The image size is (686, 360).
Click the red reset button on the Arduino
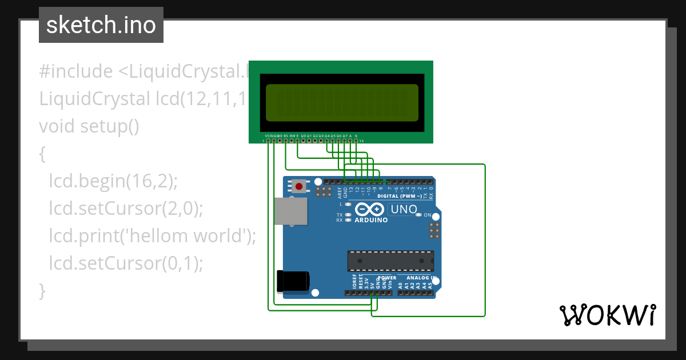pos(298,186)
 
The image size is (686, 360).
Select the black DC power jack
pos(293,281)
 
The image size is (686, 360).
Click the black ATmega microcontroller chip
pos(388,261)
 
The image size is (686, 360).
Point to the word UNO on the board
pos(404,209)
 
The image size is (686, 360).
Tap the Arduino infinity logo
pos(370,209)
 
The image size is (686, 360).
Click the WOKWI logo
pos(607,315)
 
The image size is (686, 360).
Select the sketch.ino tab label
pos(101,25)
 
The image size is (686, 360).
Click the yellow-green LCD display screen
pos(342,102)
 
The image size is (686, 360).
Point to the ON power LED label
pos(427,215)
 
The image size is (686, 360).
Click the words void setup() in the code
pos(89,126)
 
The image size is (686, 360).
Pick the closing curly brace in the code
pos(42,290)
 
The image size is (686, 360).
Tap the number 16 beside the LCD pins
pos(361,141)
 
